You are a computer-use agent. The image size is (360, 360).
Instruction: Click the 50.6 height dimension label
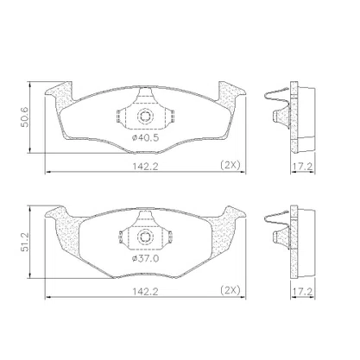click(x=25, y=117)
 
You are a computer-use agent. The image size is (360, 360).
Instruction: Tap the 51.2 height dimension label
click(x=25, y=243)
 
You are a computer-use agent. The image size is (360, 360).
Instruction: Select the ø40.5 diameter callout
click(x=145, y=138)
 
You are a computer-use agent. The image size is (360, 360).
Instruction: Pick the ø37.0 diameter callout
click(x=145, y=259)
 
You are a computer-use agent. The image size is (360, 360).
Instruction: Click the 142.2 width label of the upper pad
click(x=145, y=166)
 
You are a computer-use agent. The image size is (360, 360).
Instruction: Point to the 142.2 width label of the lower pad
click(x=145, y=291)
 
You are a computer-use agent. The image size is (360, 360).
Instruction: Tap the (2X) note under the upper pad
click(x=230, y=165)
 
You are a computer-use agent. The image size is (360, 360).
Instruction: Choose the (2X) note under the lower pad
click(x=230, y=290)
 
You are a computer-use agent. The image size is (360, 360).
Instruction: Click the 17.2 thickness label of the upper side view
click(x=302, y=166)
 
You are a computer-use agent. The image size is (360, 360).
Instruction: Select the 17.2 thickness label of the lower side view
click(x=302, y=292)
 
